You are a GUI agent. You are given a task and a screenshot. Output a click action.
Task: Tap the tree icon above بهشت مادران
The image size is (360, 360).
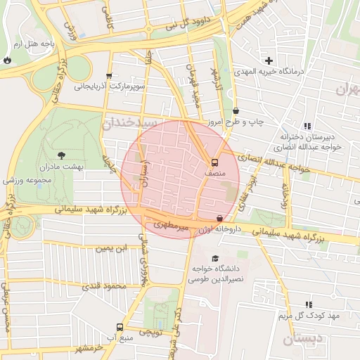click(61, 155)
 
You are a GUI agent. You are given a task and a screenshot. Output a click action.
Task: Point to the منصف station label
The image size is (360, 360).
click(214, 171)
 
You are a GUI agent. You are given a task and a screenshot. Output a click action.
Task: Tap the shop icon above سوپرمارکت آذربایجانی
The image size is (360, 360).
click(108, 76)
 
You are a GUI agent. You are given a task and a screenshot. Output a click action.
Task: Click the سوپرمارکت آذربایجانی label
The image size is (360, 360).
click(109, 87)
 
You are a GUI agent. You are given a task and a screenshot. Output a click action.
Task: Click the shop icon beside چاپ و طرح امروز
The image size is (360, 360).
click(235, 110)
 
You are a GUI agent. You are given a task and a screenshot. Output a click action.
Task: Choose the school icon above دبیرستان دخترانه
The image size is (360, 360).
click(307, 126)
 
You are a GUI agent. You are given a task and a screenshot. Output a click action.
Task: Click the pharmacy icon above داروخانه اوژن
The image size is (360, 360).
click(220, 219)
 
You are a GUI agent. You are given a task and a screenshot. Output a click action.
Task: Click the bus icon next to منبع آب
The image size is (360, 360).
click(120, 327)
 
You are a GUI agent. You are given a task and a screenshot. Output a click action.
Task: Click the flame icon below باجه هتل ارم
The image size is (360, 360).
click(7, 60)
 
